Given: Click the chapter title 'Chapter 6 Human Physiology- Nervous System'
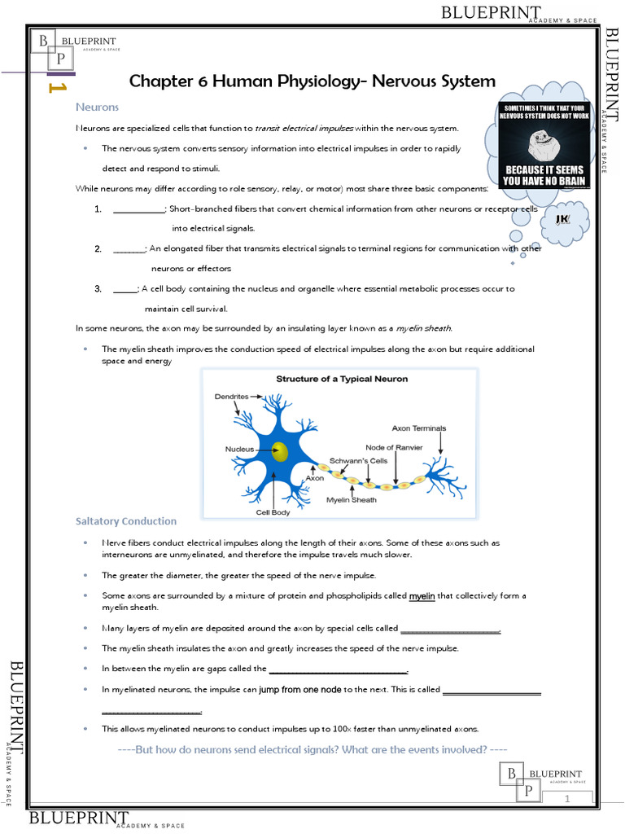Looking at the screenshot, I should click(312, 81).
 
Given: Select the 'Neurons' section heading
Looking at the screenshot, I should click(97, 108).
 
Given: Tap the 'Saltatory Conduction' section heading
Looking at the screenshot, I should click(125, 521).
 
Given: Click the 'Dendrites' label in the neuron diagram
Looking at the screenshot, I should click(232, 397).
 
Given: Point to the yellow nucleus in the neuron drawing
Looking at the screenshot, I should click(280, 452).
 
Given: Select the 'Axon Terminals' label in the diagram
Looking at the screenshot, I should click(418, 428).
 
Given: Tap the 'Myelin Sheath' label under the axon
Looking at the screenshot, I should click(351, 500).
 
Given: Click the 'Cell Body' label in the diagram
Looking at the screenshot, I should click(273, 512).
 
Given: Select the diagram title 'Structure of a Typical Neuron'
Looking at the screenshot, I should click(342, 379).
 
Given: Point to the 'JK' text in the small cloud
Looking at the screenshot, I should click(562, 219).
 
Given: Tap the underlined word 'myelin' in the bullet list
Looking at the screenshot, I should click(422, 596).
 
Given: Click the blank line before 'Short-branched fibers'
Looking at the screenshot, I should click(138, 208).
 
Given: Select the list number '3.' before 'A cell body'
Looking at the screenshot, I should click(98, 288).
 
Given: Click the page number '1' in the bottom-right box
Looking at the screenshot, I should click(566, 800).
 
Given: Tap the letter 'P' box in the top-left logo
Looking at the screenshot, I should click(60, 58).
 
